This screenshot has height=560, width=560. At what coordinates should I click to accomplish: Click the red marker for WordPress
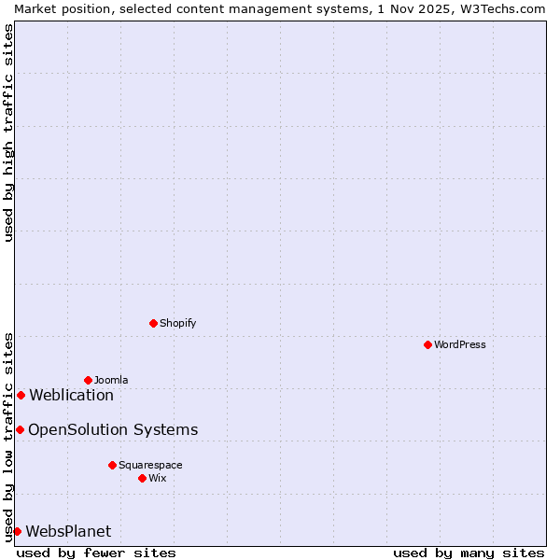tap(427, 344)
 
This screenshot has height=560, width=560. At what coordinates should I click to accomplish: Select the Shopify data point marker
tap(153, 323)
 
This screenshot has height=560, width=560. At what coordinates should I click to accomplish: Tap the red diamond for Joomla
tap(88, 380)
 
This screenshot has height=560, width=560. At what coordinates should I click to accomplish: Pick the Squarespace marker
tap(112, 465)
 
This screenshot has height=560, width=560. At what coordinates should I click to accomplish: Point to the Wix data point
tap(142, 478)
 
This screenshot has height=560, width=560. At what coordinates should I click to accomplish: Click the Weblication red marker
tap(21, 395)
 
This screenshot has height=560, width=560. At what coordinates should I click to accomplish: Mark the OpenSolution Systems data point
tap(20, 429)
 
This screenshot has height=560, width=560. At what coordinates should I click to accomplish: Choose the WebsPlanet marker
tap(17, 531)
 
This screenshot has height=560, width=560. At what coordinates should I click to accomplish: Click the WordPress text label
tap(460, 344)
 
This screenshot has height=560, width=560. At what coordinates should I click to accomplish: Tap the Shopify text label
tap(177, 323)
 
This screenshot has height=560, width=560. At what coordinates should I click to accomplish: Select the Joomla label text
tap(111, 380)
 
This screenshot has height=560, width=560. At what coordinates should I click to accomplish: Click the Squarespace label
tap(150, 465)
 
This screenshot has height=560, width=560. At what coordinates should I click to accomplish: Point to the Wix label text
tap(158, 478)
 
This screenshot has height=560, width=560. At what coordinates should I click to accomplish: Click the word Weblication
tap(71, 395)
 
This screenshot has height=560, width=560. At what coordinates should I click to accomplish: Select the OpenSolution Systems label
tap(113, 429)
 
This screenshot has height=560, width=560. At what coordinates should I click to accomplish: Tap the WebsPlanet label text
tap(68, 531)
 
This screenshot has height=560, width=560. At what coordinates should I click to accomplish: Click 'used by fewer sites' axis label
tap(96, 553)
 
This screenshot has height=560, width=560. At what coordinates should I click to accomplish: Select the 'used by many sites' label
tap(469, 553)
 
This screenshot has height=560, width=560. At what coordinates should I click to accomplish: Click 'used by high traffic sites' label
tap(8, 132)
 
